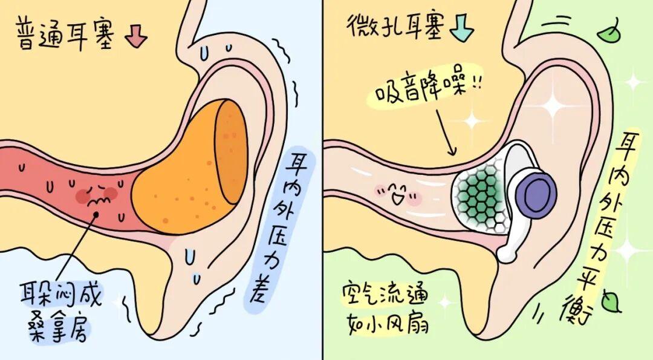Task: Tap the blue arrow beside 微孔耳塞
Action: (x=463, y=28)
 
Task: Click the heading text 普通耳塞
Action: (x=66, y=35)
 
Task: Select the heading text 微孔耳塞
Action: (x=394, y=26)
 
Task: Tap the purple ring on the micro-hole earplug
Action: (x=536, y=193)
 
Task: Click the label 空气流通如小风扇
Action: (x=385, y=309)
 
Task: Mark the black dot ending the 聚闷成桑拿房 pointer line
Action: (x=96, y=214)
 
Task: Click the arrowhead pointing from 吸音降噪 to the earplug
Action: (x=452, y=151)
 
